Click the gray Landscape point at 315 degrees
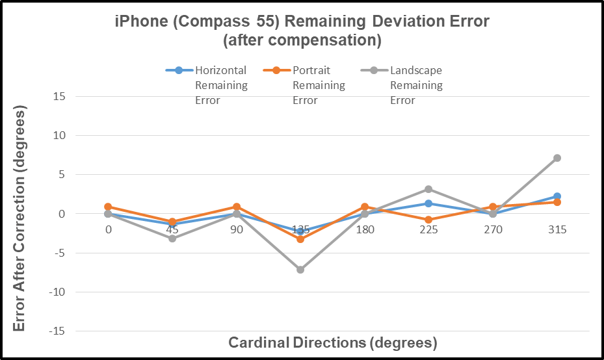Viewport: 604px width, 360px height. (x=557, y=158)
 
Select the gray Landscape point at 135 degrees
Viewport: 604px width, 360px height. (x=300, y=270)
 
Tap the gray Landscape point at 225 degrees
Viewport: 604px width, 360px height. (x=428, y=189)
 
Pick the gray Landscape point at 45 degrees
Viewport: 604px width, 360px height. (x=172, y=238)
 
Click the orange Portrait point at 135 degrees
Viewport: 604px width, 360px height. (x=300, y=239)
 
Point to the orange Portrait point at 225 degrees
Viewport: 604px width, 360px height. (x=428, y=220)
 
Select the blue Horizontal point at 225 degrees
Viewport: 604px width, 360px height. (x=428, y=203)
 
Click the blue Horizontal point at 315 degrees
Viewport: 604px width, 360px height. (x=557, y=196)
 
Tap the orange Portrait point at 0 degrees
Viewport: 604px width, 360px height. (x=108, y=207)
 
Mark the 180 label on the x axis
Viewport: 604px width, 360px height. (x=365, y=230)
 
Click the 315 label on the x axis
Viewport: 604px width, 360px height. (x=557, y=230)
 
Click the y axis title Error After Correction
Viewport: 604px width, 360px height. (x=20, y=221)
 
